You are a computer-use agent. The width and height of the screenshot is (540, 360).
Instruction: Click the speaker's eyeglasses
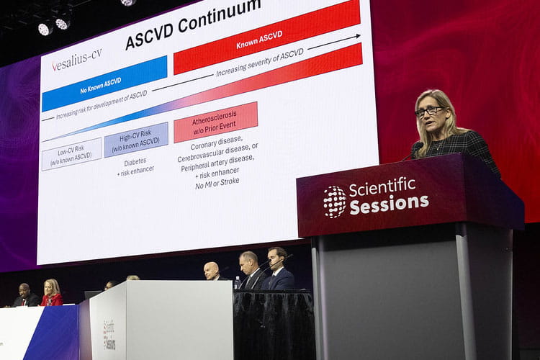coord(429,111)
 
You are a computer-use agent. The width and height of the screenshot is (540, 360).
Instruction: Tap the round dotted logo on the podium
coord(335,202)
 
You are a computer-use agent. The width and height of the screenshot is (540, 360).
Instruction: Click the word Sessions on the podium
coord(389,204)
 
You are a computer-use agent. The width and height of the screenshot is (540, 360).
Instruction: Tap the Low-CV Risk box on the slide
coord(71,153)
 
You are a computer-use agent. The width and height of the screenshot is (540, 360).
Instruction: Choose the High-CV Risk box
coord(136,139)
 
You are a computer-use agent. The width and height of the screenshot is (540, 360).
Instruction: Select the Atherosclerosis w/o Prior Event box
coord(215,122)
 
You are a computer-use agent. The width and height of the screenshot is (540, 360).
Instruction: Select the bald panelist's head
coord(211,269)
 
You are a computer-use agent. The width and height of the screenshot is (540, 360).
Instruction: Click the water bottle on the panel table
coord(238,282)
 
